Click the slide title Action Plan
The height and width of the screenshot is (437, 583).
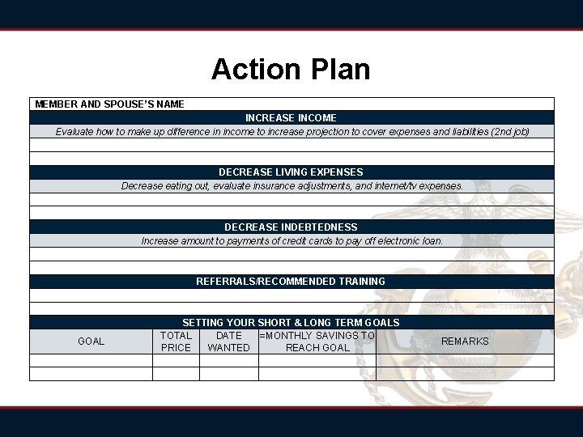[x=291, y=70]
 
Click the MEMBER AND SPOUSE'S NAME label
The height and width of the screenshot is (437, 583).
[x=109, y=104]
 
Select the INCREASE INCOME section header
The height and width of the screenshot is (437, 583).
[x=291, y=118]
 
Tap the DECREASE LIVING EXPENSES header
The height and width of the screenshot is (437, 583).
[x=291, y=172]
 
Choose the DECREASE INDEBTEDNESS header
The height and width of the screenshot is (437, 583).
[x=291, y=227]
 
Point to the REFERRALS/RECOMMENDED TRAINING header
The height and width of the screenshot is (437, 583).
[x=291, y=282]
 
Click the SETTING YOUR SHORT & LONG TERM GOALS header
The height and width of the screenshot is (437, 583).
[x=291, y=322]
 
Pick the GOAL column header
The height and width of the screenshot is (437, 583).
[x=91, y=342]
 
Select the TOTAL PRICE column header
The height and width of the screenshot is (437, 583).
[x=176, y=342]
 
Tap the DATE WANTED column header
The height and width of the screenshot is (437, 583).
[x=229, y=342]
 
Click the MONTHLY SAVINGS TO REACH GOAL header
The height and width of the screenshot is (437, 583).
[x=317, y=342]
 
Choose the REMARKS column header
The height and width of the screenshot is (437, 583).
[x=465, y=342]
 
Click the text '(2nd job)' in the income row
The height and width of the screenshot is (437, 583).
[x=510, y=131]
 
